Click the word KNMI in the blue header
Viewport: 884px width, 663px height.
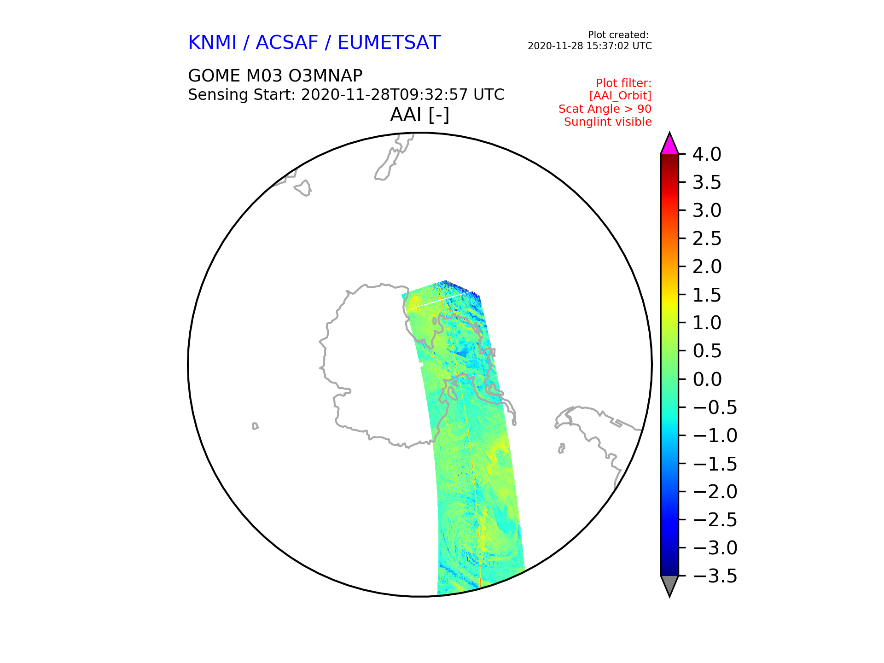[212, 43]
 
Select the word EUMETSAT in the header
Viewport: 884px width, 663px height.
[389, 43]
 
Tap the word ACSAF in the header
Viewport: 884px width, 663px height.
[287, 43]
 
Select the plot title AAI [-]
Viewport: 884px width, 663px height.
[419, 115]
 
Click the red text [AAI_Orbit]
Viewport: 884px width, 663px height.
[620, 96]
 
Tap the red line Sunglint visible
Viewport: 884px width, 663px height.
[608, 122]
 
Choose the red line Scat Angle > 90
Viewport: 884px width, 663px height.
[605, 109]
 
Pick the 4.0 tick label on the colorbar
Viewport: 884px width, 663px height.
[707, 155]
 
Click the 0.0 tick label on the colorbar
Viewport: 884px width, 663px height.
[707, 379]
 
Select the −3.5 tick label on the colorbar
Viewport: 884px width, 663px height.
[715, 576]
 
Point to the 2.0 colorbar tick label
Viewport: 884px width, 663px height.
[707, 267]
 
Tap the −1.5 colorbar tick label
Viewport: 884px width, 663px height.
[715, 464]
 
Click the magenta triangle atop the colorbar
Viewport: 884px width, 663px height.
[669, 145]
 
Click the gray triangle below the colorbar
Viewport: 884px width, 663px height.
[669, 585]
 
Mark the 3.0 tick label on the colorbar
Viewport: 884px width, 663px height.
[707, 211]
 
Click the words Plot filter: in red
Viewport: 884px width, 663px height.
[624, 83]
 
